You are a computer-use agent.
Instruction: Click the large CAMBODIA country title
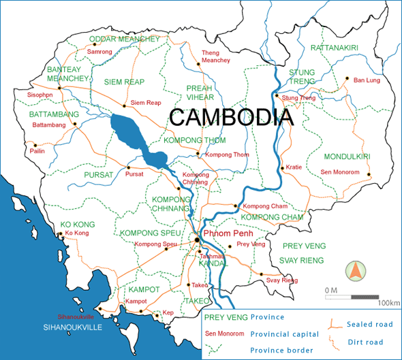pos(232,117)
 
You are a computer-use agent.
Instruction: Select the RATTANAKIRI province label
pos(335,48)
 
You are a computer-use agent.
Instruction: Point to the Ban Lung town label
pos(365,80)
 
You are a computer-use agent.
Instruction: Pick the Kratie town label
pos(294,167)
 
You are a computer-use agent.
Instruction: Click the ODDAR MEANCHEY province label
pos(124,39)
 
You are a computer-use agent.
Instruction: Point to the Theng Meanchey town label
pos(216,56)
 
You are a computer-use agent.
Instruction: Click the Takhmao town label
pos(211,256)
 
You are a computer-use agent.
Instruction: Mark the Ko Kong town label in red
pos(77,233)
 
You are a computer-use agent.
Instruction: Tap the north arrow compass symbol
pos(354,270)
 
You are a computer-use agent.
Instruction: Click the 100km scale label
pos(389,301)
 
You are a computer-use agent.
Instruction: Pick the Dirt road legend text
pos(365,342)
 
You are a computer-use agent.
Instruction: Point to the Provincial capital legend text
pos(284,334)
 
